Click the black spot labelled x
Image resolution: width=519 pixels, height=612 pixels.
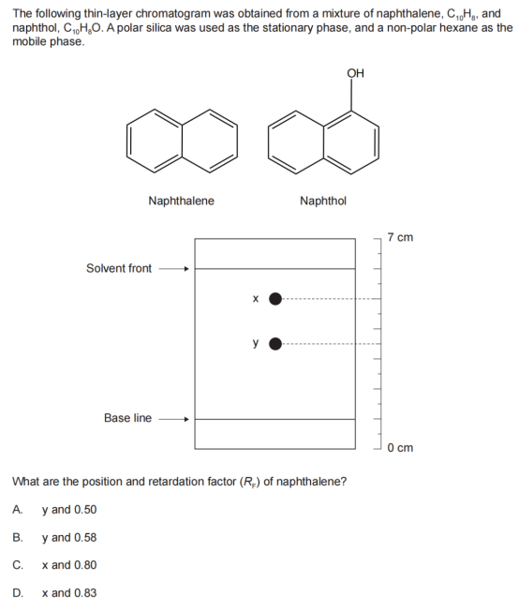[275, 299]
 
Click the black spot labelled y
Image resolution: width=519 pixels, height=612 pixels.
[275, 344]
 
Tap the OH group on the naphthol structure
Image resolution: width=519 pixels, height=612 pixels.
[355, 73]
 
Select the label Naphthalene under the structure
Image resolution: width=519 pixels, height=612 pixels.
[182, 201]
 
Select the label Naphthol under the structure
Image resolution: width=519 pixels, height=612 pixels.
[323, 201]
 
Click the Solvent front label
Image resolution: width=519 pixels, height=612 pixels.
[119, 269]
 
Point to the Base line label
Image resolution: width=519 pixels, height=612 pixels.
[127, 418]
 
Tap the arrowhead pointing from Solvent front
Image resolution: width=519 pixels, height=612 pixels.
[187, 269]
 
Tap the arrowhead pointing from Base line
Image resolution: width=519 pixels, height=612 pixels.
[187, 420]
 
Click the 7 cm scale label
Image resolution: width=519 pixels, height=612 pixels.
[400, 237]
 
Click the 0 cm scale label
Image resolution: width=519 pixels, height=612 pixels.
[400, 448]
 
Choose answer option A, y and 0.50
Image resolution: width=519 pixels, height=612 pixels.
[54, 510]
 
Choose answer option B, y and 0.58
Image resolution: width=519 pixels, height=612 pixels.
[54, 537]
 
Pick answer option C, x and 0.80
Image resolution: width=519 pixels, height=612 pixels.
[54, 565]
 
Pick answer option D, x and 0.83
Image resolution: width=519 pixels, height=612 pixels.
[54, 593]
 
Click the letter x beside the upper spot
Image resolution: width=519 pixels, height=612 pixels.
[256, 299]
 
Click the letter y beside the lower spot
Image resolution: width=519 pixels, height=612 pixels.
[256, 343]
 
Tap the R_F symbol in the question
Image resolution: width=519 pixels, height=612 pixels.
[248, 483]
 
